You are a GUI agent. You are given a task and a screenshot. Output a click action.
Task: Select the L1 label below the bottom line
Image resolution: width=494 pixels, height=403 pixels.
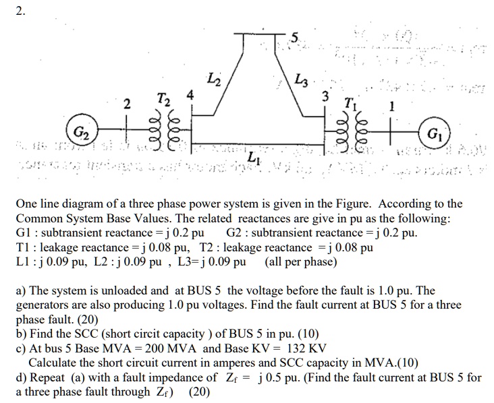pyautogui.click(x=253, y=157)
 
